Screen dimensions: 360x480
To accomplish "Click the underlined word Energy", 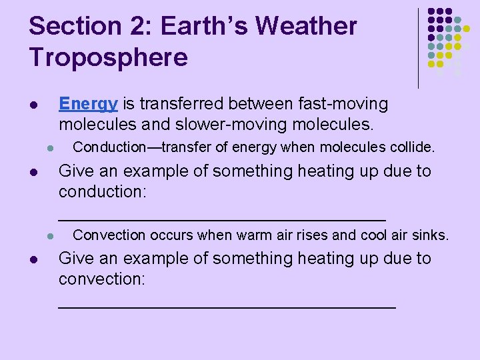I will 88,105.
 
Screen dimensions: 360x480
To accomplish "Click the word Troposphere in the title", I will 109,58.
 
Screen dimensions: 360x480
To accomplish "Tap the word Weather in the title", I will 306,27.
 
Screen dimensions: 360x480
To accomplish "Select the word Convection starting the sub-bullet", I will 109,235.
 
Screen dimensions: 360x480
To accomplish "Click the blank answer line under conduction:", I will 222,219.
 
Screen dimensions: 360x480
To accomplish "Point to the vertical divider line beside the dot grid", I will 418,48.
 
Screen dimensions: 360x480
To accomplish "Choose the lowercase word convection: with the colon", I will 102,279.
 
